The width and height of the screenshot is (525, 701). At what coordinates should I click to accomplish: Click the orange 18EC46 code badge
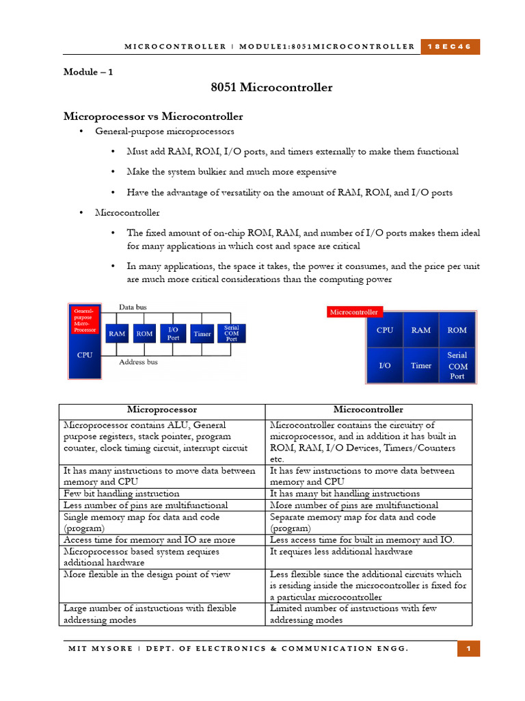pyautogui.click(x=450, y=47)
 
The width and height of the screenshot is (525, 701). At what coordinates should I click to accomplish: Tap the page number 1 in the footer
pyautogui.click(x=469, y=648)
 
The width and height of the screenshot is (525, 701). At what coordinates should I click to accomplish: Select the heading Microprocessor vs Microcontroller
pyautogui.click(x=153, y=116)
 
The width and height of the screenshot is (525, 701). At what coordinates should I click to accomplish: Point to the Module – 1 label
pyautogui.click(x=89, y=71)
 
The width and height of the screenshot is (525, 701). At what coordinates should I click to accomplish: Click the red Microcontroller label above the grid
pyautogui.click(x=354, y=312)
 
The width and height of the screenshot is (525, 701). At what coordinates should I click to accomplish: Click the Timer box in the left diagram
pyautogui.click(x=202, y=334)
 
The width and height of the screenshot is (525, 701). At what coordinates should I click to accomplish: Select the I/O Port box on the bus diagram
pyautogui.click(x=174, y=333)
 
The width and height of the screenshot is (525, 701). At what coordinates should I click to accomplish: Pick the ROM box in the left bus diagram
pyautogui.click(x=144, y=334)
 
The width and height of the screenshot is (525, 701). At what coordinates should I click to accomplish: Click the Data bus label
pyautogui.click(x=133, y=307)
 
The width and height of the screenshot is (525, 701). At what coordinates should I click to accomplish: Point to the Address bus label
pyautogui.click(x=138, y=361)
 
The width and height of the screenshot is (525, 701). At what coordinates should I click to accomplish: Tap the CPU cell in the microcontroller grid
pyautogui.click(x=385, y=330)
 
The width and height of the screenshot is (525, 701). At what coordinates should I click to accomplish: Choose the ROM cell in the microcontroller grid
pyautogui.click(x=457, y=330)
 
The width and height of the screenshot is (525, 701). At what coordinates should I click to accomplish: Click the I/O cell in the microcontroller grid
pyautogui.click(x=385, y=366)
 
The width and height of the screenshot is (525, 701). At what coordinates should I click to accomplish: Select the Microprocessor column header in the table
pyautogui.click(x=161, y=410)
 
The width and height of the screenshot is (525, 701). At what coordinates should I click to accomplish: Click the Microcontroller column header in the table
pyautogui.click(x=368, y=410)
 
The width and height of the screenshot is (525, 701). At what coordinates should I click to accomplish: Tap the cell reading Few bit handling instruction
pyautogui.click(x=122, y=494)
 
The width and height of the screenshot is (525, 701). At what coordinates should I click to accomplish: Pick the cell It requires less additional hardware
pyautogui.click(x=341, y=551)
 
